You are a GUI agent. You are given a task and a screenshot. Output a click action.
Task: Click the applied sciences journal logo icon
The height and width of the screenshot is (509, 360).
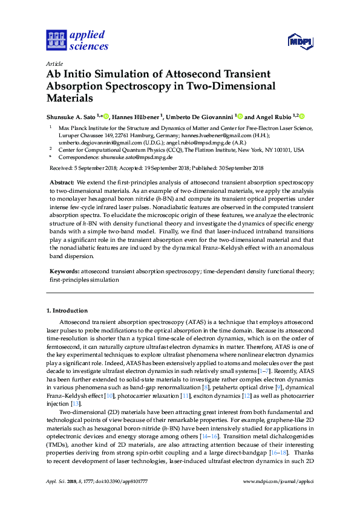point(55,41)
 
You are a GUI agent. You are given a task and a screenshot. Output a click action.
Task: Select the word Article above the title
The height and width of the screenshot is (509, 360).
point(54,63)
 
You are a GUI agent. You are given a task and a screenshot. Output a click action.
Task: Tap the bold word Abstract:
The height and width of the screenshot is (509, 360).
point(61,182)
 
